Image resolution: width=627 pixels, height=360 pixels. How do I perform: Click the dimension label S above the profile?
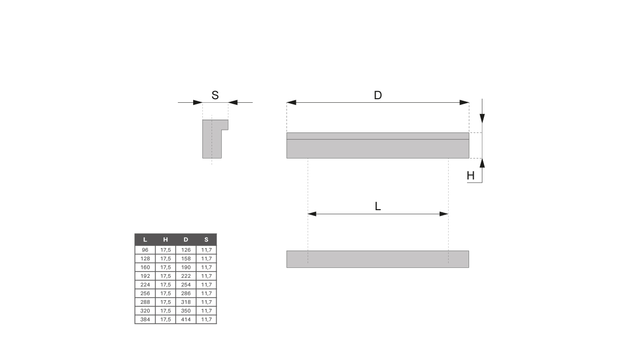coord(215,95)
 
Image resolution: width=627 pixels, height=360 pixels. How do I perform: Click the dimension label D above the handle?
coord(378,95)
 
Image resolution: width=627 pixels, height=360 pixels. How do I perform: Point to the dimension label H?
coord(471,176)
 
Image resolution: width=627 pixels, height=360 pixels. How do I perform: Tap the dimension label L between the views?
coord(378,207)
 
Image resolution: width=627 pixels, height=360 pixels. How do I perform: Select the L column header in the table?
coord(145,239)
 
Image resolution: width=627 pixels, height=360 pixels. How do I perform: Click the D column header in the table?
coord(186,239)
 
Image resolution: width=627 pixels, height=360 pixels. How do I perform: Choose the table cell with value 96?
coord(145,250)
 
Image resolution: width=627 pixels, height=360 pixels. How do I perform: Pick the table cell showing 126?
coord(186,250)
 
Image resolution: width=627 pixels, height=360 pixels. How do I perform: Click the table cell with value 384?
coord(145,320)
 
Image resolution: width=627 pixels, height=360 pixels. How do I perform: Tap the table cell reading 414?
coord(186,320)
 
